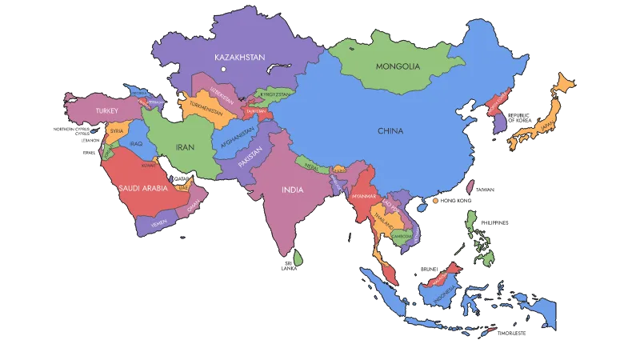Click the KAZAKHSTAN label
coord(239,57)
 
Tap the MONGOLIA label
coord(398,66)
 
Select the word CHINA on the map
coord(391,130)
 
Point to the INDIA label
coord(292,190)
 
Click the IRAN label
coord(186,147)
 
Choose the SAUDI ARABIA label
coord(142,189)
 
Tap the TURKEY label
coord(106,110)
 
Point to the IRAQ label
coord(136,144)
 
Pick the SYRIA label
coord(117,130)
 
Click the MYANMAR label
coord(363,196)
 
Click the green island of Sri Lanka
coord(298,258)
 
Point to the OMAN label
coord(193,205)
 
